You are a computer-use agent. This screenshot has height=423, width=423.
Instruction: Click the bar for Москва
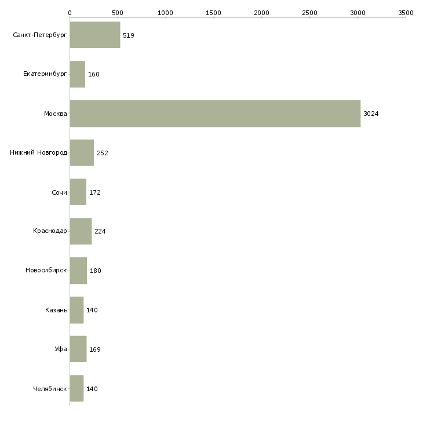pos(215,114)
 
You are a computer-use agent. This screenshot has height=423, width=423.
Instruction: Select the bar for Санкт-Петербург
pos(95,35)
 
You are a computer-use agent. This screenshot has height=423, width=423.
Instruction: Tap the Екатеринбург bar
pos(78,74)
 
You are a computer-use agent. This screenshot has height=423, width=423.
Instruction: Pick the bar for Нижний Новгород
pos(82,153)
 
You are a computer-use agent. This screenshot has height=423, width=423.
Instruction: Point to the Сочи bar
pos(78,192)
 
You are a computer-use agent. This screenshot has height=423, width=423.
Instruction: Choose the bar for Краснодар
pos(81,231)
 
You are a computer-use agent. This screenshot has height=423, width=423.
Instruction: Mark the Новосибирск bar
pos(78,271)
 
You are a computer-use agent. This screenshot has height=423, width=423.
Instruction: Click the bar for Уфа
pos(78,349)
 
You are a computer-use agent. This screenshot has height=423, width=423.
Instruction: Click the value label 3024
pos(371,114)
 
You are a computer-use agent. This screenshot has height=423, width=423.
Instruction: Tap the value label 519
pos(129,35)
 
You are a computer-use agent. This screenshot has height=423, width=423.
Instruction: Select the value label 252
pos(103,153)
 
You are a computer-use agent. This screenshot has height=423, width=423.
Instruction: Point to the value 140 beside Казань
pos(92,310)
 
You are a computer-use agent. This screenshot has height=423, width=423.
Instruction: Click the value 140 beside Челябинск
pos(92,389)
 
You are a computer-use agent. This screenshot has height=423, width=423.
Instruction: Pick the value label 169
pos(95,349)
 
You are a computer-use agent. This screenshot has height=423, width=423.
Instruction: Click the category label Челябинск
pos(50,389)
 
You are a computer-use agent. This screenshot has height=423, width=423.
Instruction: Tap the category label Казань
pos(56,310)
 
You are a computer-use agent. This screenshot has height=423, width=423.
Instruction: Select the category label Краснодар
pos(50,231)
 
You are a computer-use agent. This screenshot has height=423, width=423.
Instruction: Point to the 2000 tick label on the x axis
pos(262,13)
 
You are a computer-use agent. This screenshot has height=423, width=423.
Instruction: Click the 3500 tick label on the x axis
pos(406,13)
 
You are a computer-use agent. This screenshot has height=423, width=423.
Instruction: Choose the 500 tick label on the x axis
pos(118,13)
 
